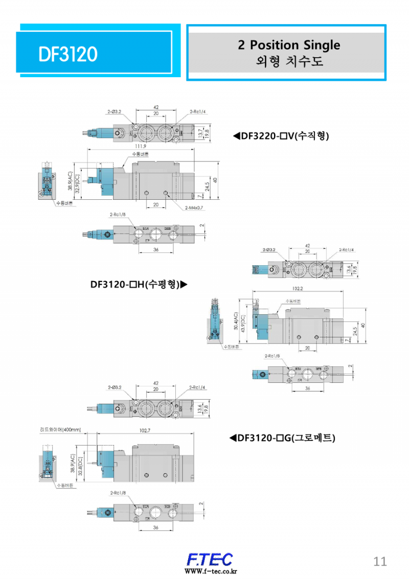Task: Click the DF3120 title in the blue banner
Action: [67, 53]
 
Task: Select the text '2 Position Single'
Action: [288, 45]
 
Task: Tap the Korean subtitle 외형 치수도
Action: [288, 62]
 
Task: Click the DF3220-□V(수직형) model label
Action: [281, 136]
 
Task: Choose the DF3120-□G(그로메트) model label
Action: [282, 437]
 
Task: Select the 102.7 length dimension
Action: [145, 431]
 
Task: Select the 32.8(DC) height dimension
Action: [80, 466]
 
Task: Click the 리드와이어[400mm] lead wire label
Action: [60, 430]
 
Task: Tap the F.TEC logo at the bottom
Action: [210, 559]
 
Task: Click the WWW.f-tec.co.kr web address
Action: [211, 571]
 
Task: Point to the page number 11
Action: [380, 561]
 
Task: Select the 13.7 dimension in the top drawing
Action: [200, 133]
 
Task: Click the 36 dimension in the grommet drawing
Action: [155, 528]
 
